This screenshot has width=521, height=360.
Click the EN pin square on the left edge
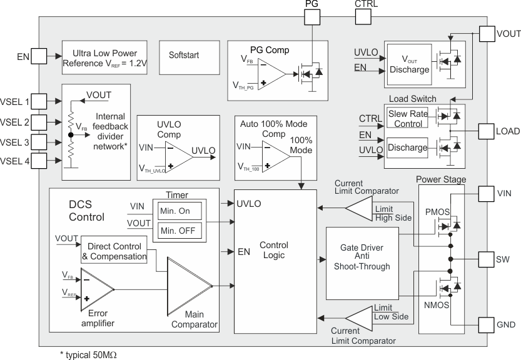(39, 57)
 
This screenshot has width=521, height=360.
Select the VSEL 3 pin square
(39, 142)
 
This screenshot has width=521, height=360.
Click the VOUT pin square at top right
(487, 34)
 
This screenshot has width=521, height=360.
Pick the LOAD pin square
(487, 131)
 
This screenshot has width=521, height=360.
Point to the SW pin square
(487, 259)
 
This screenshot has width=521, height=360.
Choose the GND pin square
(487, 324)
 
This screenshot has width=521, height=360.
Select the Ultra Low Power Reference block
(104, 58)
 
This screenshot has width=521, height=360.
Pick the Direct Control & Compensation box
(114, 251)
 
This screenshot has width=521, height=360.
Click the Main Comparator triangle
(188, 286)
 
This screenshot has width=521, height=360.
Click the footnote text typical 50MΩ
(88, 354)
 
